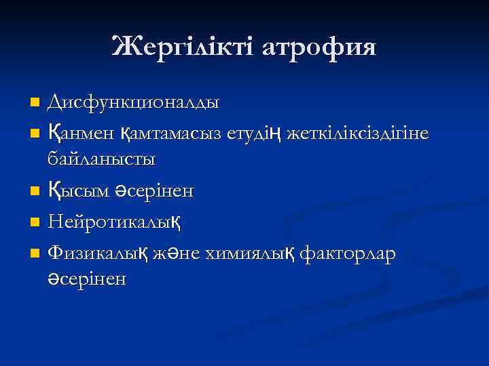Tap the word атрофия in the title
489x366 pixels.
pyautogui.click(x=319, y=47)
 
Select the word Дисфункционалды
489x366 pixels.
pyautogui.click(x=132, y=103)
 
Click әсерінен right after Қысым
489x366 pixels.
pyautogui.click(x=152, y=192)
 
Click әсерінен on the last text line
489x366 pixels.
pyautogui.click(x=86, y=279)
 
